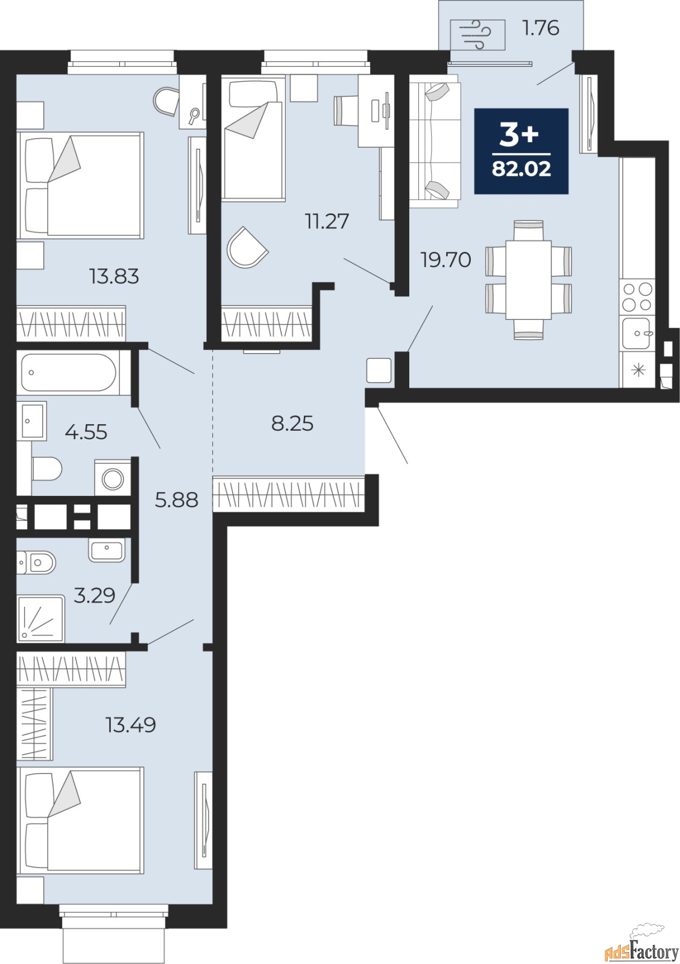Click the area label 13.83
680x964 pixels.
(x=114, y=277)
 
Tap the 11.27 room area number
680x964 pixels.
(x=327, y=222)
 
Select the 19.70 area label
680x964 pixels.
(x=445, y=260)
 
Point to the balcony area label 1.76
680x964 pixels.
(x=541, y=28)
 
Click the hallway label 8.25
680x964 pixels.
(x=292, y=424)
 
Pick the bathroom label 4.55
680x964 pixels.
(x=86, y=431)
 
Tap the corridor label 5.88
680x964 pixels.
(x=177, y=500)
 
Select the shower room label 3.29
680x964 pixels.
(x=94, y=596)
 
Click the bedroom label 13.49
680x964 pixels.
(x=130, y=725)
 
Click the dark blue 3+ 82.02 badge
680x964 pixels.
(x=521, y=151)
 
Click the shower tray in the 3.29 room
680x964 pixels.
(x=40, y=619)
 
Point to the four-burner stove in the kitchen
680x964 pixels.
(x=637, y=297)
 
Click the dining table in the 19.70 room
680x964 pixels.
(x=529, y=280)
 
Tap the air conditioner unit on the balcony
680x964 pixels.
(x=477, y=35)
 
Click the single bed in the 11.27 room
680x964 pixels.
(x=254, y=138)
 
